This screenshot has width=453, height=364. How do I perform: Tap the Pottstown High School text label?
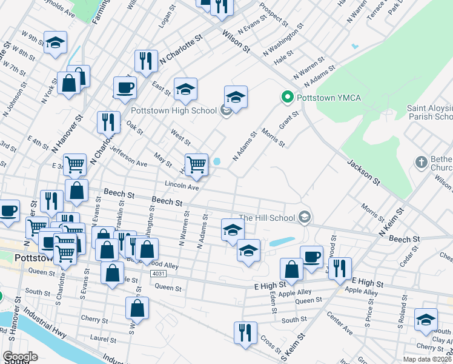point(174,110)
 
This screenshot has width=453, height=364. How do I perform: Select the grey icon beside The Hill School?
point(305,217)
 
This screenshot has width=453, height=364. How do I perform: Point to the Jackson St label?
point(363,172)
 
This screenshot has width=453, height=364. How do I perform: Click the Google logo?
point(20,357)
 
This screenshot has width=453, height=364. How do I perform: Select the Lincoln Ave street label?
point(182,187)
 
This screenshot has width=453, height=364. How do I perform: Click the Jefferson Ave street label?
point(128,159)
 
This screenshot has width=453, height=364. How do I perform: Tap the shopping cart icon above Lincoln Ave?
point(196,164)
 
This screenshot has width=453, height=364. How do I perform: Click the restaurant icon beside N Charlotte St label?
point(146,61)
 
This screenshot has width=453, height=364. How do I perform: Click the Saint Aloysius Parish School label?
point(429,112)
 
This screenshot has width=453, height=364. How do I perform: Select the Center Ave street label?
point(339,324)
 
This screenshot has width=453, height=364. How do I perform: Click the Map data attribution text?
point(428,359)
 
